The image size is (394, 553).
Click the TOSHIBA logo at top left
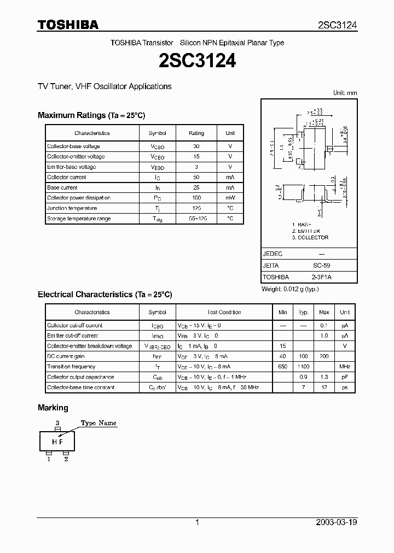[x=68, y=25]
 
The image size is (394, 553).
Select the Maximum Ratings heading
[x=91, y=115]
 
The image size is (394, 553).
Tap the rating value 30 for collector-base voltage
[x=196, y=146]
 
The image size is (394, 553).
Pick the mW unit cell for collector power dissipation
[x=230, y=198]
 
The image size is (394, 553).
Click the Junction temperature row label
[x=72, y=208]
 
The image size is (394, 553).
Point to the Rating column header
[x=196, y=133]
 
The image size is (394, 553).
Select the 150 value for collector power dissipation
[x=196, y=198]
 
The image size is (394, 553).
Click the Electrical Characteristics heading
[x=105, y=295]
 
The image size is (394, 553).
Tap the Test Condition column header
[x=224, y=313]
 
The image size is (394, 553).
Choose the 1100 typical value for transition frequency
[x=304, y=367]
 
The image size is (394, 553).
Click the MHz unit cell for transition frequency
[x=345, y=367]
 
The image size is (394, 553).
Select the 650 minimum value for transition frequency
[x=282, y=367]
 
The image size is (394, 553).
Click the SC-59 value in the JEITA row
[x=321, y=266]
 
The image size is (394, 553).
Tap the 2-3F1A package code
[x=321, y=277]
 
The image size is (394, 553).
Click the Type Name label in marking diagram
[x=99, y=423]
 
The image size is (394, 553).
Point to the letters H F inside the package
[x=57, y=442]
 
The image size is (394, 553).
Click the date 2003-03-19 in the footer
[x=337, y=522]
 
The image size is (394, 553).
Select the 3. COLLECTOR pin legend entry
[x=310, y=238]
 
